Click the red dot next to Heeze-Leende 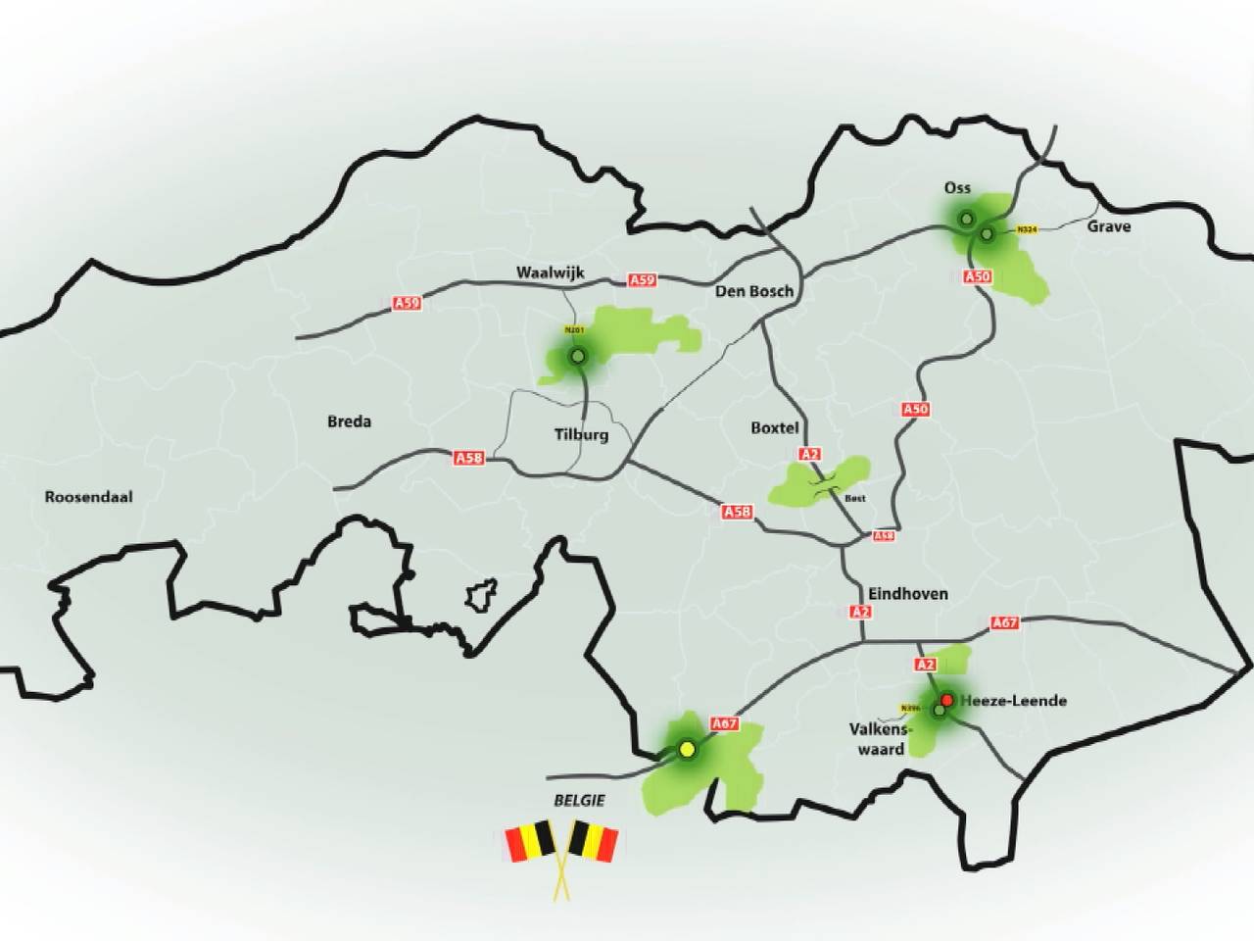click(x=947, y=700)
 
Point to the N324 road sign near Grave click(x=1027, y=229)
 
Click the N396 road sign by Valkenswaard click(x=910, y=708)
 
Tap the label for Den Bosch click(x=754, y=291)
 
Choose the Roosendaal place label click(x=88, y=497)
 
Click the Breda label click(x=349, y=421)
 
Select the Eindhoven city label click(x=908, y=593)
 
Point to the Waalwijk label click(x=550, y=272)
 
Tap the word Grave click(x=1108, y=226)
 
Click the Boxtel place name click(x=775, y=427)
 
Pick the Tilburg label click(x=581, y=434)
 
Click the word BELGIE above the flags click(x=579, y=800)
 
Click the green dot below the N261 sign click(x=578, y=356)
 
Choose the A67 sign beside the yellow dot click(x=724, y=724)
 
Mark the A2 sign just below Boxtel click(x=809, y=454)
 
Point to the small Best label click(x=854, y=498)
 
